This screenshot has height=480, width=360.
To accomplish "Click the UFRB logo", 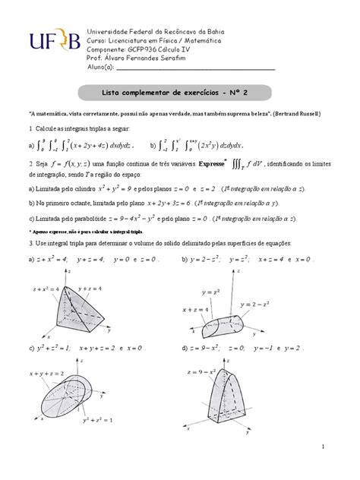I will tap(52, 45).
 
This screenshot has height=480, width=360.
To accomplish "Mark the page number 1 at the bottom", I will tap(323, 446).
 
